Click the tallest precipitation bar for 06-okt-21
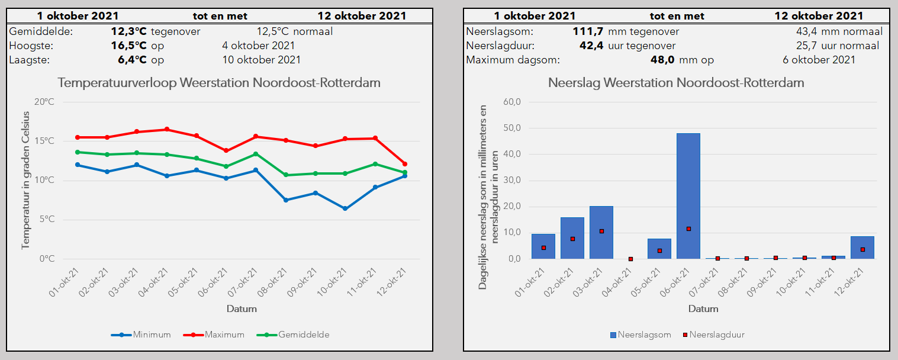click(x=688, y=196)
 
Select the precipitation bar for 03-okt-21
click(x=601, y=233)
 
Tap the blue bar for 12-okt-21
click(x=862, y=247)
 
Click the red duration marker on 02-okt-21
click(x=572, y=239)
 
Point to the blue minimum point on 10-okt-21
click(x=345, y=208)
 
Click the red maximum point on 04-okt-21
click(x=167, y=130)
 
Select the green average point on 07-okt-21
click(x=256, y=154)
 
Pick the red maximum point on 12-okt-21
click(x=404, y=164)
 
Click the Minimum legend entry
click(x=141, y=335)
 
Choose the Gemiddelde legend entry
click(x=293, y=335)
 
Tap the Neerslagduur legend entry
click(x=713, y=335)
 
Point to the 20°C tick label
click(x=44, y=102)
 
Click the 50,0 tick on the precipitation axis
click(x=512, y=128)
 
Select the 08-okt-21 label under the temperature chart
click(x=273, y=282)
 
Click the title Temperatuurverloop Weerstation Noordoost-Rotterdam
click(x=219, y=82)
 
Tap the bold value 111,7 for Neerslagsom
click(x=588, y=31)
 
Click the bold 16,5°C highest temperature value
click(x=128, y=46)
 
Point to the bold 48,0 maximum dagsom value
click(x=662, y=60)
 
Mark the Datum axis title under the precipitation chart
click(x=703, y=308)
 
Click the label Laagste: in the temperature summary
click(x=29, y=60)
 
